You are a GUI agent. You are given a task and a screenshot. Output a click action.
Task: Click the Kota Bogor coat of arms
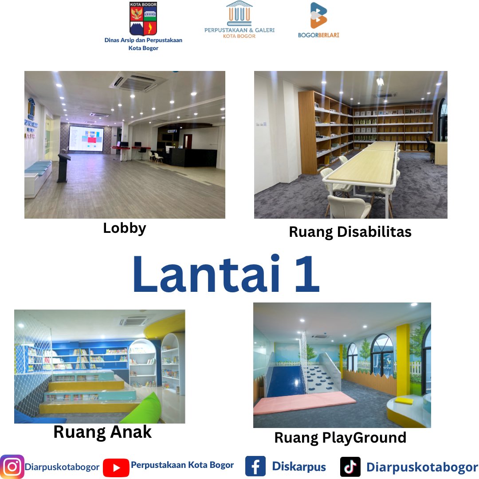[143, 19]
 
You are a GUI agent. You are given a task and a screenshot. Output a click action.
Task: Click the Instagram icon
[12, 467]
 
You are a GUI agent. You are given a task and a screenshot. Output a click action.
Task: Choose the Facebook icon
[255, 467]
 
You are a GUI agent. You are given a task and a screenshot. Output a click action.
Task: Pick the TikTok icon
[350, 467]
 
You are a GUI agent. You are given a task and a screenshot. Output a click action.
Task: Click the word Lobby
[125, 228]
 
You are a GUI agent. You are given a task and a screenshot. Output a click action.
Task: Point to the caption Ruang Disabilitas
[350, 232]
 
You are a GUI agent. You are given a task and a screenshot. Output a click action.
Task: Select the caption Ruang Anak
[102, 432]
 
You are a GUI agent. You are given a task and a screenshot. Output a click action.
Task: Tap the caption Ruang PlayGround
[340, 437]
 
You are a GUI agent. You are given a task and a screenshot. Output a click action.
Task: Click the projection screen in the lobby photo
[86, 138]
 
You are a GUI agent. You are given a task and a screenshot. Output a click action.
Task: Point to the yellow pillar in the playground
[403, 359]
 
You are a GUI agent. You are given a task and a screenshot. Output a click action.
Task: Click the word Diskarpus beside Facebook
[298, 467]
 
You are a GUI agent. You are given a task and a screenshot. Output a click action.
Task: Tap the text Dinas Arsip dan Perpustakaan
[143, 40]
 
